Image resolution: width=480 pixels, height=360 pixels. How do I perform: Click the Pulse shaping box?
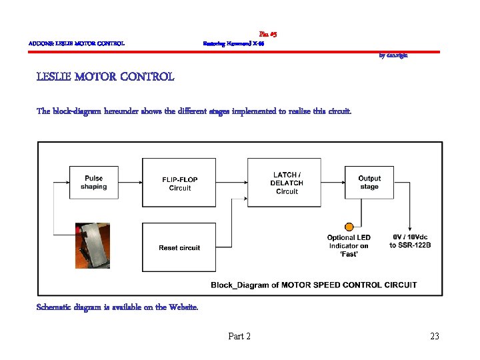(x=93, y=182)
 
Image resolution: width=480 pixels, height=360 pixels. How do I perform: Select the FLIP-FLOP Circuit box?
(x=180, y=183)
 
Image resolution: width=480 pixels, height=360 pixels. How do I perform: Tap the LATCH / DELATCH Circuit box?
(x=287, y=183)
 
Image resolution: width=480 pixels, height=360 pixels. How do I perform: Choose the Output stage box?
(x=369, y=182)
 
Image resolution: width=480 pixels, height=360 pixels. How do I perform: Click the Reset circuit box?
(x=179, y=247)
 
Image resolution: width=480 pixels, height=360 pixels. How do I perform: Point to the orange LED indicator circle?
(x=348, y=227)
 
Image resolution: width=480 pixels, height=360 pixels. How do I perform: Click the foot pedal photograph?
(x=93, y=245)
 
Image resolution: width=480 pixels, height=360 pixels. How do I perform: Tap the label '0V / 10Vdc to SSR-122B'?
(x=411, y=241)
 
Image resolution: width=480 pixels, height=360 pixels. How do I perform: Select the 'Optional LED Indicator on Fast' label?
(x=348, y=245)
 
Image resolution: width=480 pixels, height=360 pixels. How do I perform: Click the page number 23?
(x=435, y=337)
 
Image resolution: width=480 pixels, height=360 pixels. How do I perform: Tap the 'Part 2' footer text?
(x=239, y=337)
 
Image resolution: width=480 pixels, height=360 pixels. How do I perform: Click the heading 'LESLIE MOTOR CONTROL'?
(x=105, y=77)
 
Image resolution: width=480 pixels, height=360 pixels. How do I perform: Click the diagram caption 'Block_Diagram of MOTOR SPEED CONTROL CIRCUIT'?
(x=314, y=285)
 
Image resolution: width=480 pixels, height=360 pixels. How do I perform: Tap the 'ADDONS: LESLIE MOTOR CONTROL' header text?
(x=77, y=44)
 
